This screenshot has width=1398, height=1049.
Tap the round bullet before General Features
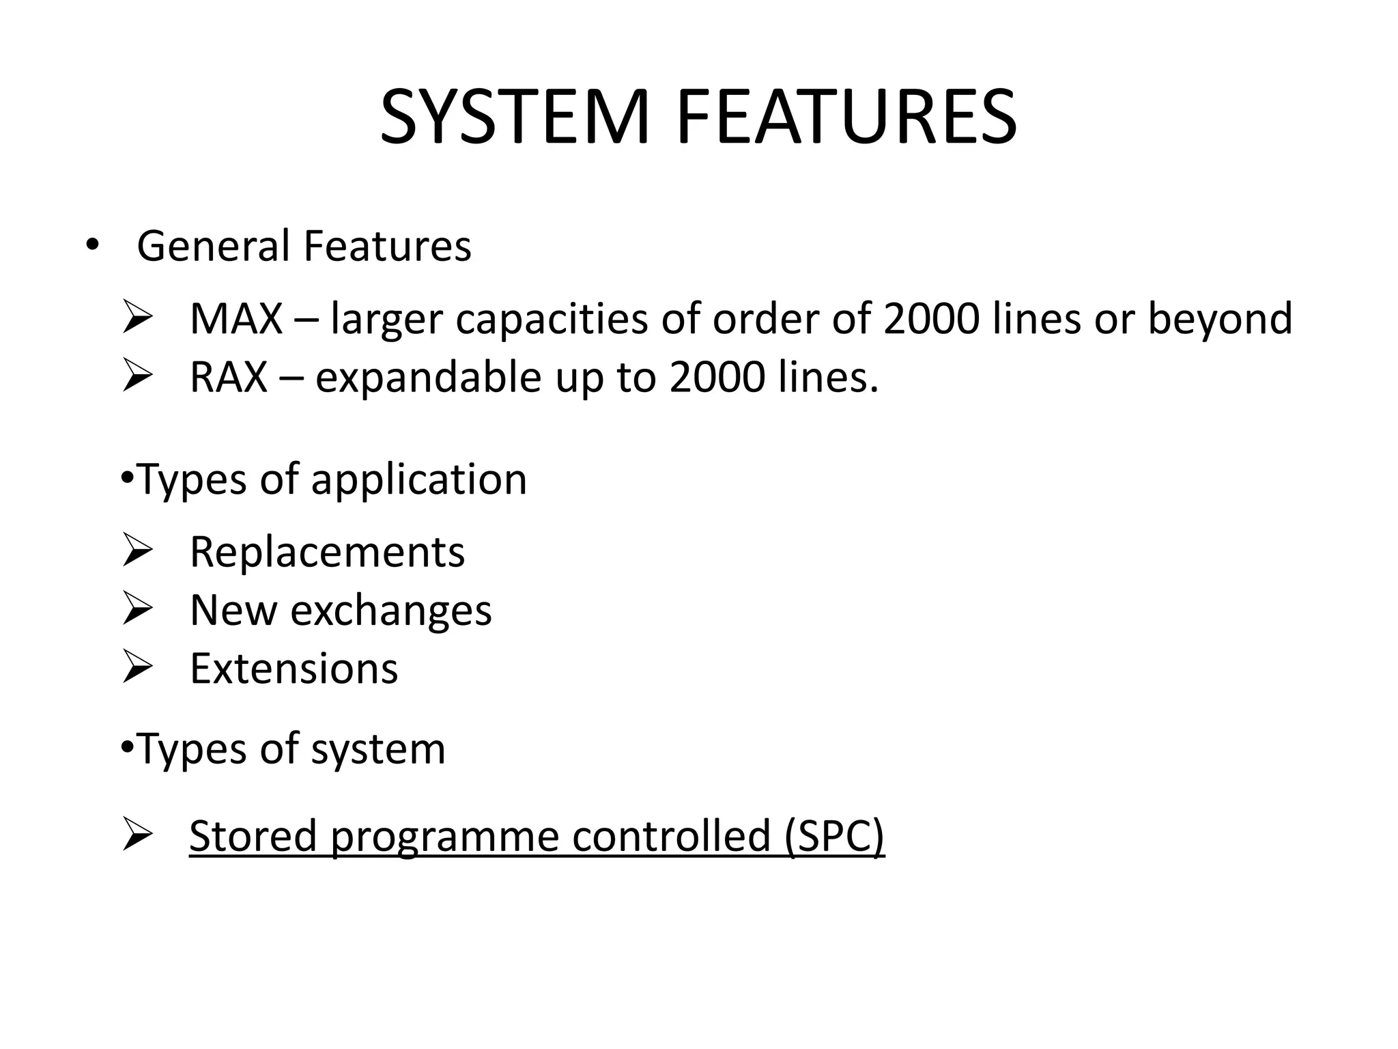[x=91, y=245]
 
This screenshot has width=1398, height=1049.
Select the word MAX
[x=236, y=318]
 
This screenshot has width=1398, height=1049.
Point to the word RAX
[x=229, y=377]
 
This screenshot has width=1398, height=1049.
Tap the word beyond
[x=1220, y=320]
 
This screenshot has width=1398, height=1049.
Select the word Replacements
[x=327, y=552]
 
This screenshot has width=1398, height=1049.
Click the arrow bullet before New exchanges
[x=137, y=609]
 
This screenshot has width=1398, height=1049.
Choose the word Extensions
[x=294, y=668]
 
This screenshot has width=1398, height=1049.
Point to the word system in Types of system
[x=377, y=750]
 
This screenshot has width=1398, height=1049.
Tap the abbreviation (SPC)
[x=834, y=836]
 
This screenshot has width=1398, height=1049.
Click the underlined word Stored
[x=253, y=836]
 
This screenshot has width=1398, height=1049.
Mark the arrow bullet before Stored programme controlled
[x=137, y=835]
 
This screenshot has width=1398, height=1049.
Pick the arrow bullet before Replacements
[x=137, y=551]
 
